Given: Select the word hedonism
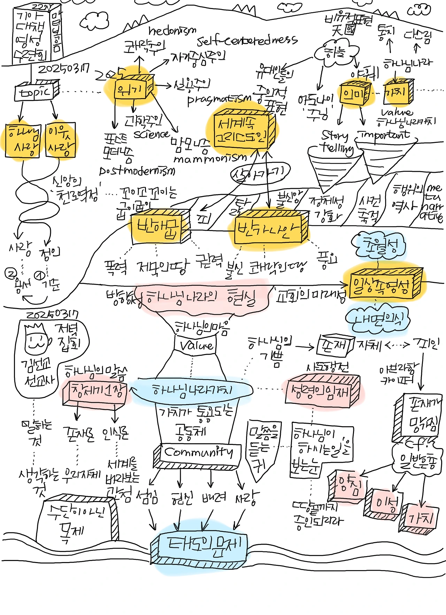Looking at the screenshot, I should click(x=172, y=32).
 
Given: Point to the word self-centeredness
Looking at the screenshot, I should click(x=247, y=41).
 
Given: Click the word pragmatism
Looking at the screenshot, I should click(x=219, y=99).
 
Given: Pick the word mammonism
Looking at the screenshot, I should click(x=210, y=159).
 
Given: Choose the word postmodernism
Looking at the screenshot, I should click(x=137, y=171).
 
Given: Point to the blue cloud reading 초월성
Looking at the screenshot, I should click(x=379, y=246).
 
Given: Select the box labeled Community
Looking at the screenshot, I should click(x=198, y=453).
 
